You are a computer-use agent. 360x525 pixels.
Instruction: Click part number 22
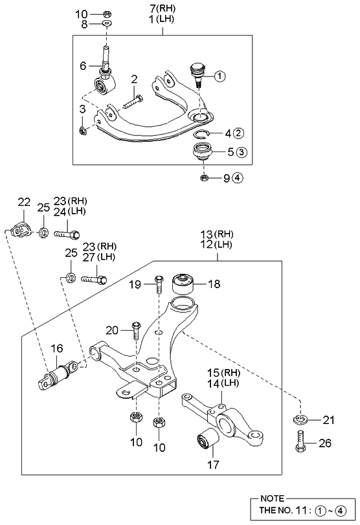pos(23,202)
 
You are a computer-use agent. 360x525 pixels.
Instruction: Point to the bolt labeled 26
pos(300,443)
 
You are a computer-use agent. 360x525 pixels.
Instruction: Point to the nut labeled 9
pos(204,177)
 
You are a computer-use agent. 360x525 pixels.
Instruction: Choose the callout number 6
pos(83,65)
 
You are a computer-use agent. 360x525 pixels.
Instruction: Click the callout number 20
pos(112,330)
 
